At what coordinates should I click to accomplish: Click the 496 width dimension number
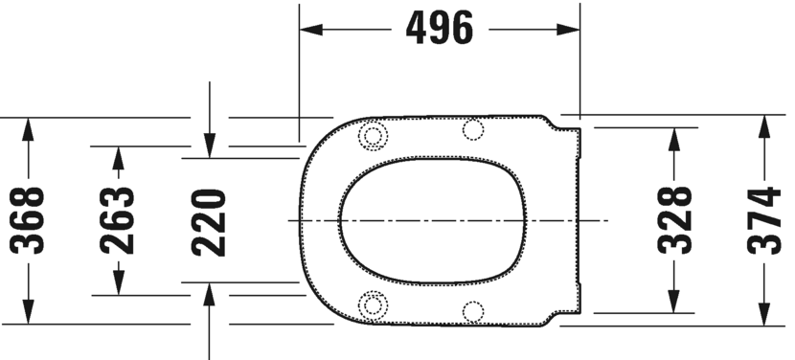(x=440, y=30)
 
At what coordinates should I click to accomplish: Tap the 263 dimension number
(x=118, y=221)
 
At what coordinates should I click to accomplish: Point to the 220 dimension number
(x=209, y=221)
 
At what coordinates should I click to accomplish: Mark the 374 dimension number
(x=764, y=221)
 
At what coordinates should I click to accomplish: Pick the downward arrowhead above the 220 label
(x=210, y=145)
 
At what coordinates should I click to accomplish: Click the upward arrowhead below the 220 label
(x=210, y=295)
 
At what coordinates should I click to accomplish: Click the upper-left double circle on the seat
(x=373, y=137)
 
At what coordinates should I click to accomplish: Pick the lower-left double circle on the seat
(x=373, y=304)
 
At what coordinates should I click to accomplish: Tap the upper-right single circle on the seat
(x=473, y=129)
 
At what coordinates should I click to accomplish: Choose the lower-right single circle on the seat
(x=473, y=311)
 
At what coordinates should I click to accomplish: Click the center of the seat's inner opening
(x=433, y=221)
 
